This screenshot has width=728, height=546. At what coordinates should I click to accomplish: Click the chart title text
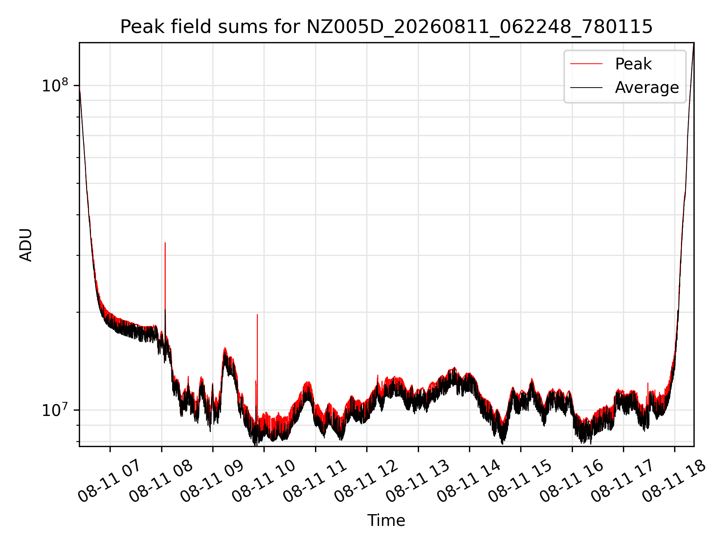(386, 27)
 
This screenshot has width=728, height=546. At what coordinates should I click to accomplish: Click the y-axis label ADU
(26, 245)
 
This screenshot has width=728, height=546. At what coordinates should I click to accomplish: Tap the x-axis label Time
(386, 521)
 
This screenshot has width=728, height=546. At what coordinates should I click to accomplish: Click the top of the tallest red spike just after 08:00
(165, 243)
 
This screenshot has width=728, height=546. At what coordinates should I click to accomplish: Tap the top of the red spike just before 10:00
(257, 314)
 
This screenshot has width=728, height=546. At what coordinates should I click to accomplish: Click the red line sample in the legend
(586, 64)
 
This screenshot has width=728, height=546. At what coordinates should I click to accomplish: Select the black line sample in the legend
(586, 88)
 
